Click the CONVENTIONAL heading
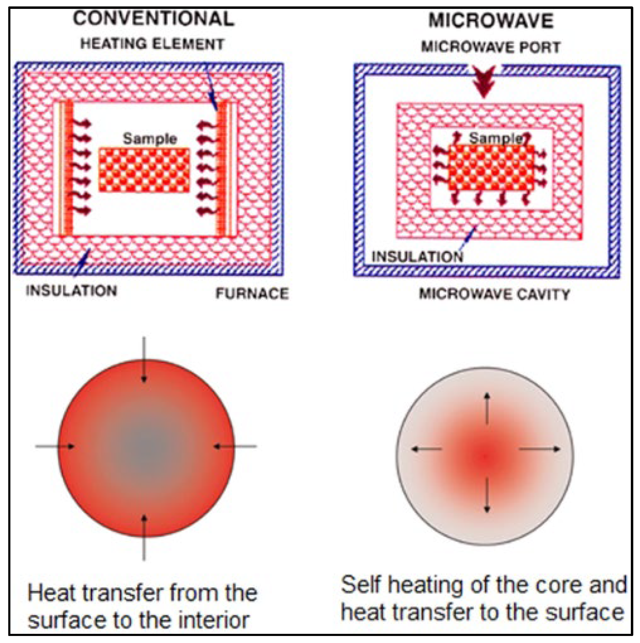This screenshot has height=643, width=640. click(153, 19)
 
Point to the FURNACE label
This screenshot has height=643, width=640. click(252, 294)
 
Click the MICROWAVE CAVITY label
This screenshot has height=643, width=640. click(494, 294)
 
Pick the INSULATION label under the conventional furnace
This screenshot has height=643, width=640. click(72, 290)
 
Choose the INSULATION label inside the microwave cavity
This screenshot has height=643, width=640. click(417, 257)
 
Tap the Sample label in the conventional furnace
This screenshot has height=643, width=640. click(150, 139)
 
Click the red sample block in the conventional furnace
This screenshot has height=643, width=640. click(144, 170)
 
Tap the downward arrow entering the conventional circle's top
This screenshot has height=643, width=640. click(144, 360)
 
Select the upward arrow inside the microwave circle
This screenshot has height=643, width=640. click(487, 409)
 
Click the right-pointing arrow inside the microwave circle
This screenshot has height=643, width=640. click(539, 449)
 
